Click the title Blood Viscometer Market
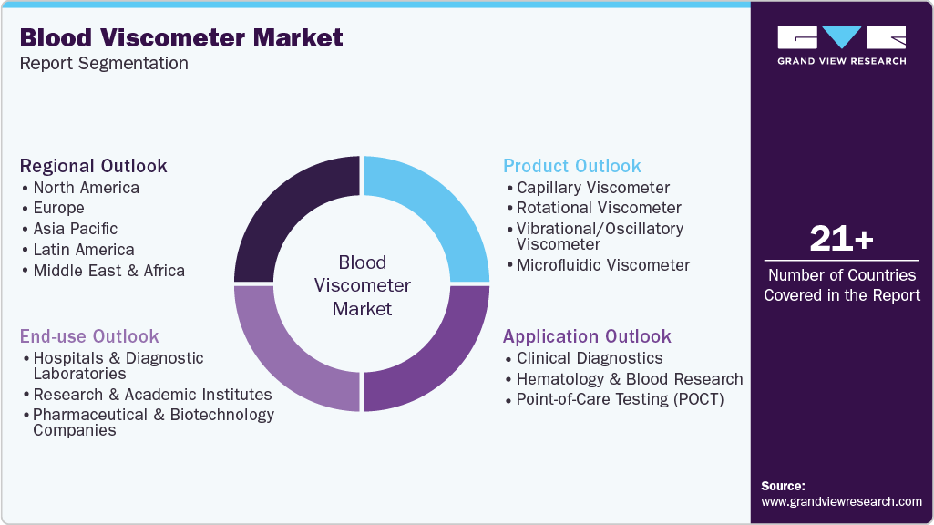pyautogui.click(x=181, y=38)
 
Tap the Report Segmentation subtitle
pyautogui.click(x=104, y=64)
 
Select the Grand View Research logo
pyautogui.click(x=841, y=45)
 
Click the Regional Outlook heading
pyautogui.click(x=94, y=166)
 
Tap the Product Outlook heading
pyautogui.click(x=572, y=166)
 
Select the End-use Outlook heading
pyautogui.click(x=89, y=336)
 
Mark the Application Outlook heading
pyautogui.click(x=587, y=336)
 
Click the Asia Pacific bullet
pyautogui.click(x=75, y=229)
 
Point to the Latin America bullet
pyautogui.click(x=83, y=250)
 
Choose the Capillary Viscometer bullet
pyautogui.click(x=592, y=188)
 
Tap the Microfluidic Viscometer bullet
pyautogui.click(x=602, y=265)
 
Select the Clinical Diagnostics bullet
pyautogui.click(x=589, y=358)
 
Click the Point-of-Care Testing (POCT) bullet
pyautogui.click(x=620, y=399)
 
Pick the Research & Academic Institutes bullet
pyautogui.click(x=152, y=395)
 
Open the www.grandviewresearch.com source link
pyautogui.click(x=841, y=501)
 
